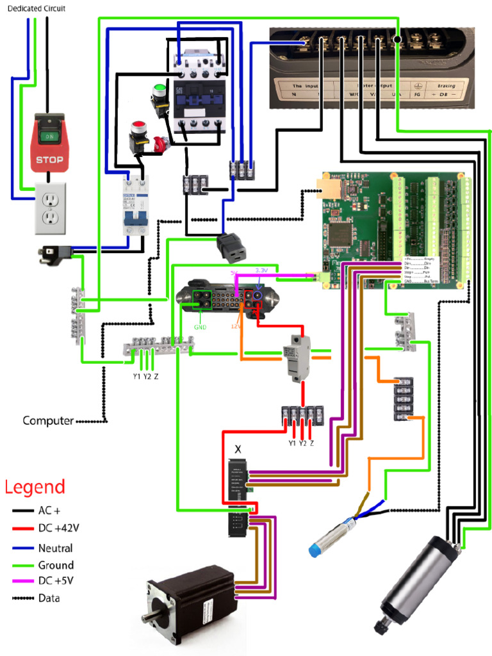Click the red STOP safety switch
(49, 143)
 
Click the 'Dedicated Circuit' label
(36, 8)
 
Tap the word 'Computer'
(47, 421)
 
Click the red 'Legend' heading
(35, 487)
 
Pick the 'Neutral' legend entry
(55, 548)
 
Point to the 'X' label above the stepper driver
(238, 449)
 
